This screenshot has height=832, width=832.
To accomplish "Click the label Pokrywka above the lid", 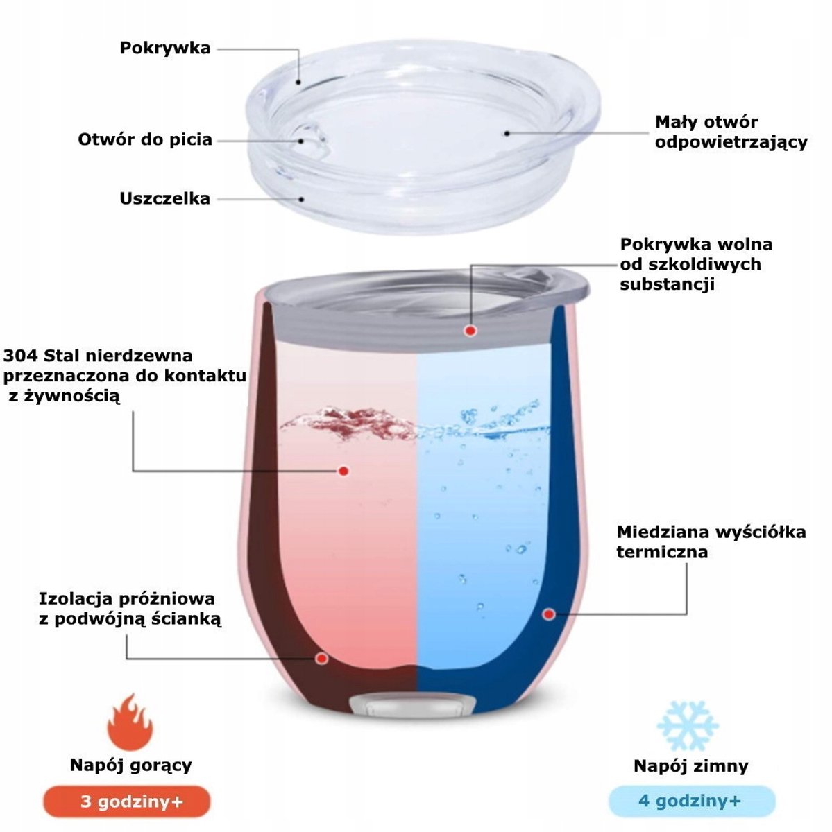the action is (x=165, y=48).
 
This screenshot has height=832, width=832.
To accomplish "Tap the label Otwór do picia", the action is (x=145, y=140).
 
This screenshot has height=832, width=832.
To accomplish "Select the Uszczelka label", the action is (x=164, y=198).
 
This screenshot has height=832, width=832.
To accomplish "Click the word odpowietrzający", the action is (x=731, y=143).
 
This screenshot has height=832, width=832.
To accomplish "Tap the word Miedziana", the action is (x=663, y=532).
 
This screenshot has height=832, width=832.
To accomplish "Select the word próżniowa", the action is (x=167, y=599).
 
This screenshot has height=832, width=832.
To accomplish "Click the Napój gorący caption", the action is (x=130, y=765).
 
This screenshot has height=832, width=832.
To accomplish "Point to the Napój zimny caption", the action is (x=690, y=766).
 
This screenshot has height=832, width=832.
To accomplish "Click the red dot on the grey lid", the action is (x=470, y=331).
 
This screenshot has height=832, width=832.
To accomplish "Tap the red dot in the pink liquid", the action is (x=343, y=471).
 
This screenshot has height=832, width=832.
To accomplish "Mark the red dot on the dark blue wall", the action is (x=550, y=614).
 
